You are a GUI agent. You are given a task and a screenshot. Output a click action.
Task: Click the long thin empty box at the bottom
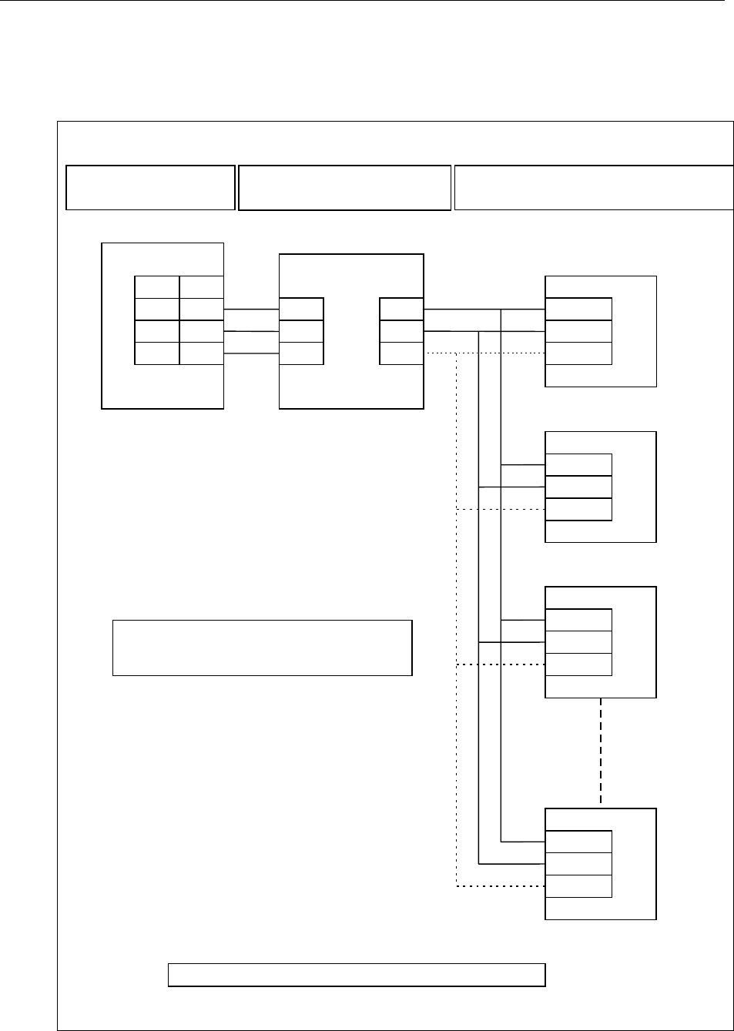pyautogui.click(x=357, y=974)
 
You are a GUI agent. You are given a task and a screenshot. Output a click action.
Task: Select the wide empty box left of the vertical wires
pyautogui.click(x=262, y=647)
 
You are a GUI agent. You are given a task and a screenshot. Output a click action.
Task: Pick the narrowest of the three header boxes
pyautogui.click(x=150, y=187)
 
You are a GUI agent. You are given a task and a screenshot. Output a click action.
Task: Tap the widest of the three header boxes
pyautogui.click(x=593, y=187)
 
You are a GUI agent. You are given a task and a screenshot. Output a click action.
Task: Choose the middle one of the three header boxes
pyautogui.click(x=344, y=187)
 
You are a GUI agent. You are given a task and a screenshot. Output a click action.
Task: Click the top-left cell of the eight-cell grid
pyautogui.click(x=157, y=287)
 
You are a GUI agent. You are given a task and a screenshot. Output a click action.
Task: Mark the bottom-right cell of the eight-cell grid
pyautogui.click(x=201, y=353)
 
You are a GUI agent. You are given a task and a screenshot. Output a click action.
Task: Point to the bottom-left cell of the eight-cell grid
pyautogui.click(x=157, y=353)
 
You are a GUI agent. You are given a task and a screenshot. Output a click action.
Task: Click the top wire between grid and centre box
pyautogui.click(x=251, y=309)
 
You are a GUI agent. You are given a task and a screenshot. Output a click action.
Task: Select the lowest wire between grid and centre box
pyautogui.click(x=251, y=353)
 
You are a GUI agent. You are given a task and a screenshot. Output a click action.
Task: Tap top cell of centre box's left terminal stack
pyautogui.click(x=301, y=310)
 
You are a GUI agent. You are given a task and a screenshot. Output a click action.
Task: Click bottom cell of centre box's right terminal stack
pyautogui.click(x=401, y=353)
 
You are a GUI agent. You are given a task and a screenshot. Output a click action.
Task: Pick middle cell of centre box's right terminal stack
pyautogui.click(x=401, y=332)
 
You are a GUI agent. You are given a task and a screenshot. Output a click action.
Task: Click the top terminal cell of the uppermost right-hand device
pyautogui.click(x=578, y=310)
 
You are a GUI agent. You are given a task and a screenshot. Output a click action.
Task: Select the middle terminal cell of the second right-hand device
pyautogui.click(x=578, y=487)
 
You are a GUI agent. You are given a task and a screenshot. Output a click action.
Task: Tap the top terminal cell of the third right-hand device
pyautogui.click(x=578, y=620)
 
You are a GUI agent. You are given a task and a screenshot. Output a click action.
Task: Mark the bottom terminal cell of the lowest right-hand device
pyautogui.click(x=578, y=885)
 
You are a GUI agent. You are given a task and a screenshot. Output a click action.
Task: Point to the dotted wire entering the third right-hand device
pyautogui.click(x=501, y=664)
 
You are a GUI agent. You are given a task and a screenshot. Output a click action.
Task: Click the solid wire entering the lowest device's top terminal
pyautogui.click(x=524, y=841)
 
